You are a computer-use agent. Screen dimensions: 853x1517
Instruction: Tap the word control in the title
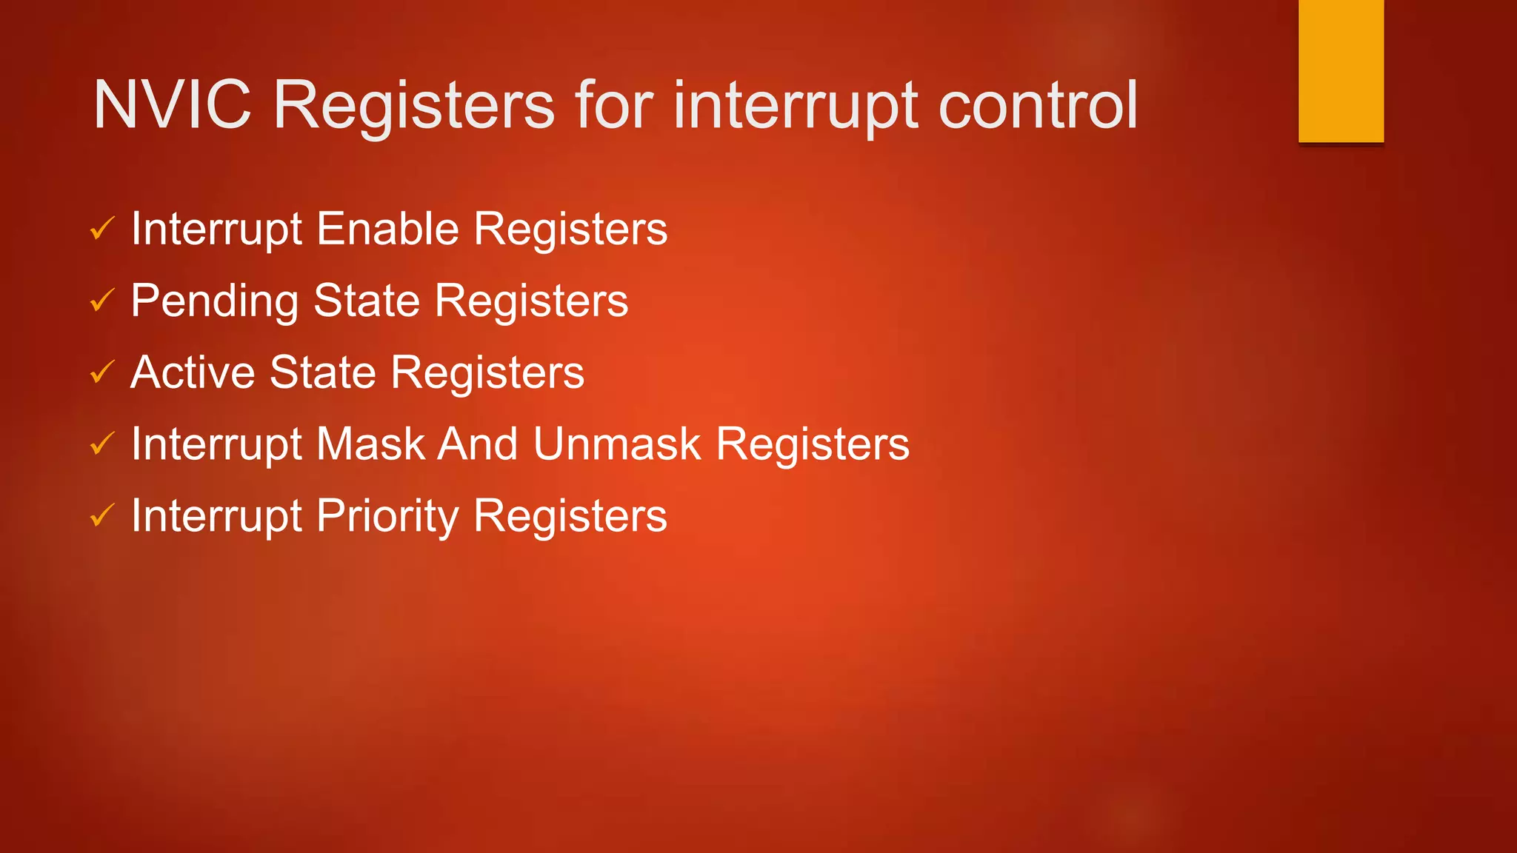click(x=1038, y=105)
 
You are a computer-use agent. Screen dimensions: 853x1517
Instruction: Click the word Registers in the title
click(x=413, y=105)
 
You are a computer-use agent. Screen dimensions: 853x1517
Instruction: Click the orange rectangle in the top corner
click(x=1341, y=71)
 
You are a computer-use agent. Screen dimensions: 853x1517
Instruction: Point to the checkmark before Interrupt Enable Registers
click(x=102, y=229)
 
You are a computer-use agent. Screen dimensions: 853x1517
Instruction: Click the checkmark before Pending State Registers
click(x=102, y=301)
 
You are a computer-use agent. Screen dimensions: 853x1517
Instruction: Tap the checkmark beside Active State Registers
click(x=102, y=372)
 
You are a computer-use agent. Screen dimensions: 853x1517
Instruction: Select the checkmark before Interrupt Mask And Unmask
click(x=102, y=444)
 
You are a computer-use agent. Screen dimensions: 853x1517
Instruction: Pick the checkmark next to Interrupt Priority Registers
click(x=102, y=515)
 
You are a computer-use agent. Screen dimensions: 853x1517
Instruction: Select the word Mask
click(x=370, y=444)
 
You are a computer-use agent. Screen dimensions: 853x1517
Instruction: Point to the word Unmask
click(x=616, y=444)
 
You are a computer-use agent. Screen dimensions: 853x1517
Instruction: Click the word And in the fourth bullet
click(x=478, y=444)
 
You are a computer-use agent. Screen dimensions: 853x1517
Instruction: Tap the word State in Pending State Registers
click(x=367, y=301)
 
